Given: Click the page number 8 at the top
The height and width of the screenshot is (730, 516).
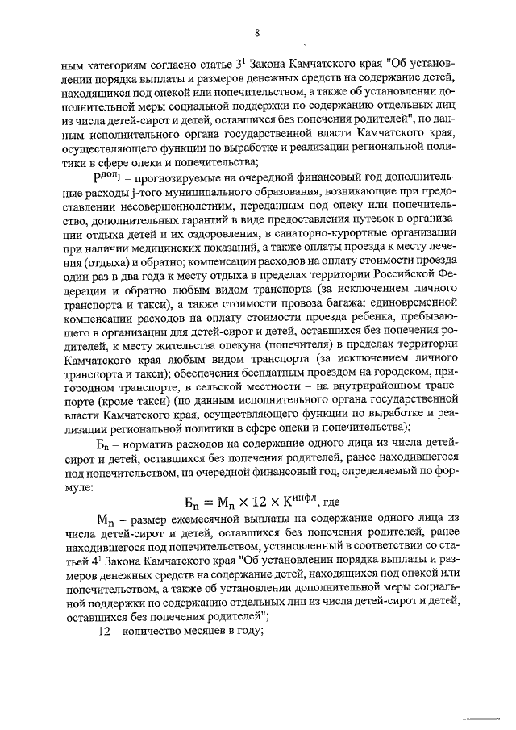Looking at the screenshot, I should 256,33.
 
